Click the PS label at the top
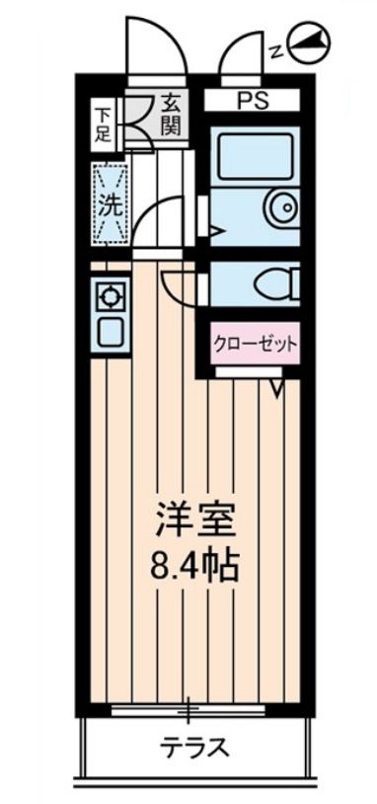[251, 99]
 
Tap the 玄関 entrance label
[170, 115]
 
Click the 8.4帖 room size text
[194, 566]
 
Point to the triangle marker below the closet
[277, 390]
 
